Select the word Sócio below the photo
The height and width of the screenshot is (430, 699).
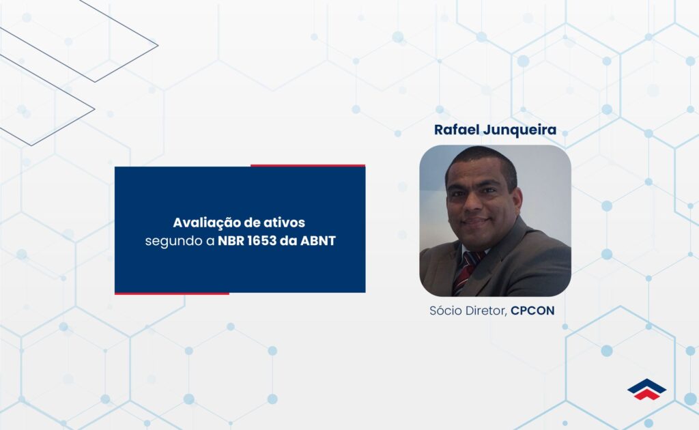click(446, 311)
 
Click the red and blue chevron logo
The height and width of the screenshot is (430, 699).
click(646, 389)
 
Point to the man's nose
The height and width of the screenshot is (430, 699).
click(476, 204)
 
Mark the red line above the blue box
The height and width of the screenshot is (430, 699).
click(307, 165)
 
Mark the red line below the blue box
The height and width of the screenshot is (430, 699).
click(171, 293)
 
